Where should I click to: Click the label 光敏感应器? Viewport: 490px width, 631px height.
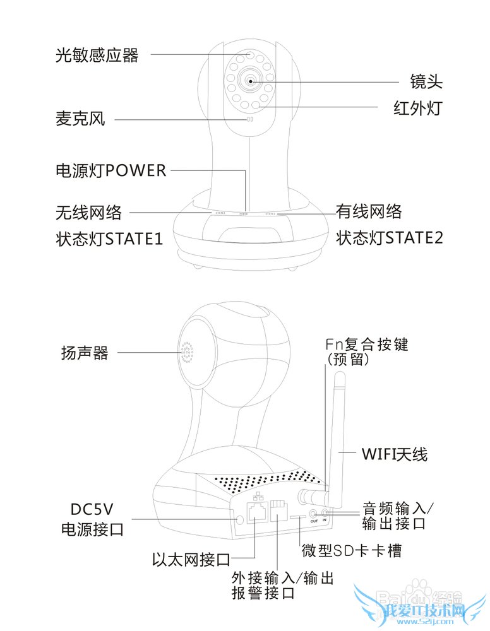point(97,56)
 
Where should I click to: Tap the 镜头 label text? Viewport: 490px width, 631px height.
point(427,82)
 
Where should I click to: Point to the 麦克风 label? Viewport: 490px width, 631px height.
point(80,119)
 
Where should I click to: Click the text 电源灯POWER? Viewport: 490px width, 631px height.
point(111,170)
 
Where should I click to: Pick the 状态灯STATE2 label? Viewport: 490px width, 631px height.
point(389,238)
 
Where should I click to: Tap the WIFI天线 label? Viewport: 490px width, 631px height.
point(394,454)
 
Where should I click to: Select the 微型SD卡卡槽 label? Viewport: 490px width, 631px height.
point(352,551)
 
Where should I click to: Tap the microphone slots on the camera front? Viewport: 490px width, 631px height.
point(249,119)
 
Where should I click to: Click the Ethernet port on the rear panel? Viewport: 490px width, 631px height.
point(258,512)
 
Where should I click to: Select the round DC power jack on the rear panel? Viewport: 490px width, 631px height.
point(239,520)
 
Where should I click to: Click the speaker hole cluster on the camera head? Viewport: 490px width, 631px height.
point(187,353)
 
